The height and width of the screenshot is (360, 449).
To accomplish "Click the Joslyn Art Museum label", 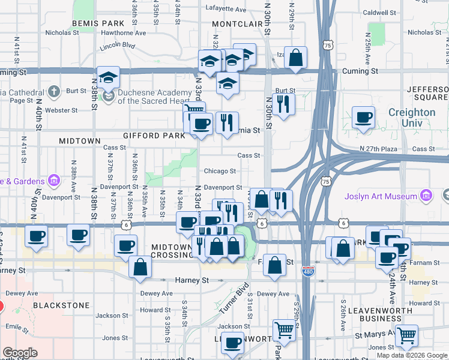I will pos(381,196).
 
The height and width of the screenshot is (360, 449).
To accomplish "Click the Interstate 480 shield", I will pos(307,271).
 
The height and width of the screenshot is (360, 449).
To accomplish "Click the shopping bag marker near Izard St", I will pos(295,59).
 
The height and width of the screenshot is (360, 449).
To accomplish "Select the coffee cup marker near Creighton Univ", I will pos(363,118).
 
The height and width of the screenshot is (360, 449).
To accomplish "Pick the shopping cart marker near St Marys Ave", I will pos(407,336).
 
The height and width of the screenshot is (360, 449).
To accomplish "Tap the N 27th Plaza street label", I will pos(379,148).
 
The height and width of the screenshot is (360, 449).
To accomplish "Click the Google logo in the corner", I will pos(20,353).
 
